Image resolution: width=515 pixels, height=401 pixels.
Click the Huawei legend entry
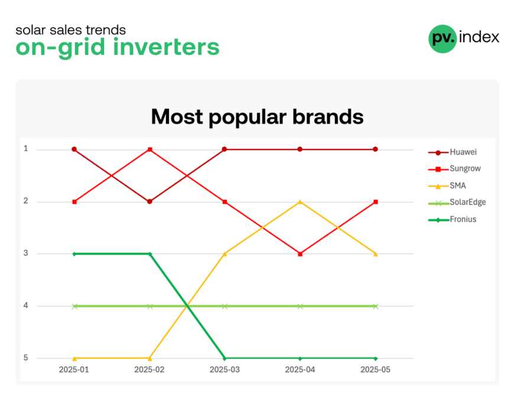tap(452, 152)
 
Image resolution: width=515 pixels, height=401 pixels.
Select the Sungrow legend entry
tap(454, 169)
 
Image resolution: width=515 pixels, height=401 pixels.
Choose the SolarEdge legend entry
tap(457, 203)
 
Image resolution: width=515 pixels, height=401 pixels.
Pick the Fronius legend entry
tap(452, 219)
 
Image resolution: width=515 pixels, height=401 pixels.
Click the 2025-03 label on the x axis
tap(224, 370)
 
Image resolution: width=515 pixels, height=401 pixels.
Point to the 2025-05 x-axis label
tap(376, 370)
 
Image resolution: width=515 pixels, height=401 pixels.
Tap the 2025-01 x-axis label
tap(74, 370)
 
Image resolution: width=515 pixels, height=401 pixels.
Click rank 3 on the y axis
tap(25, 253)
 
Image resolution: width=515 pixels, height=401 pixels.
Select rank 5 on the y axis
tap(25, 358)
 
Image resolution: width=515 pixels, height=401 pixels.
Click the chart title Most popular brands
tap(257, 117)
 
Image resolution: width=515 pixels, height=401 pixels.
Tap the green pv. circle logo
tap(443, 39)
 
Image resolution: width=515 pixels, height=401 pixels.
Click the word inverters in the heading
tap(166, 47)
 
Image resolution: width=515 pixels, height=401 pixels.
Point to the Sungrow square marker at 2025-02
tap(150, 150)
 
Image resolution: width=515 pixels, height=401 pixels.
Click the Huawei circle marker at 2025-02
tap(150, 201)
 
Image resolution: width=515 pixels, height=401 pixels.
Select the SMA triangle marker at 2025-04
tap(300, 201)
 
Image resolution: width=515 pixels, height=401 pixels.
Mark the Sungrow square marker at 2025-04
tap(300, 254)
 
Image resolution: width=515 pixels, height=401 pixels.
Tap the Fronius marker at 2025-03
tap(224, 358)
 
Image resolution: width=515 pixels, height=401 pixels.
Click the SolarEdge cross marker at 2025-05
tap(376, 307)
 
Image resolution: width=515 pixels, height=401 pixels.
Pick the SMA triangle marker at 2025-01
tap(74, 358)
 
